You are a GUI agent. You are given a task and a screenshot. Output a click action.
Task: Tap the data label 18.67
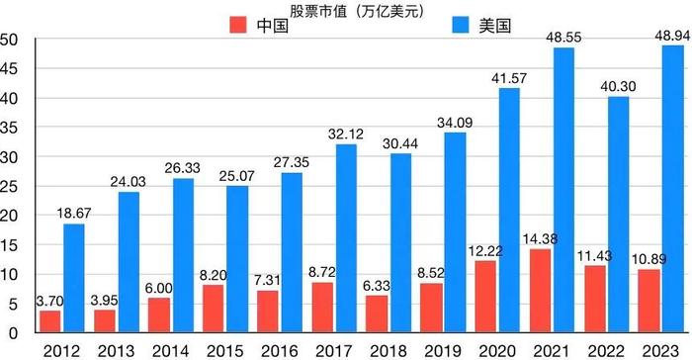tap(77, 213)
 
